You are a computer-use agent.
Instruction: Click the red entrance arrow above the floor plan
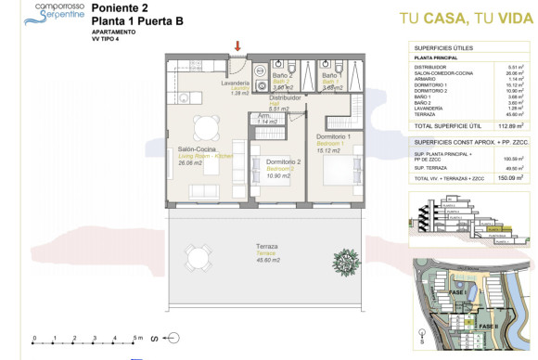click(239, 46)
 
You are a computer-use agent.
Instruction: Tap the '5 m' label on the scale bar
click(136, 338)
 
